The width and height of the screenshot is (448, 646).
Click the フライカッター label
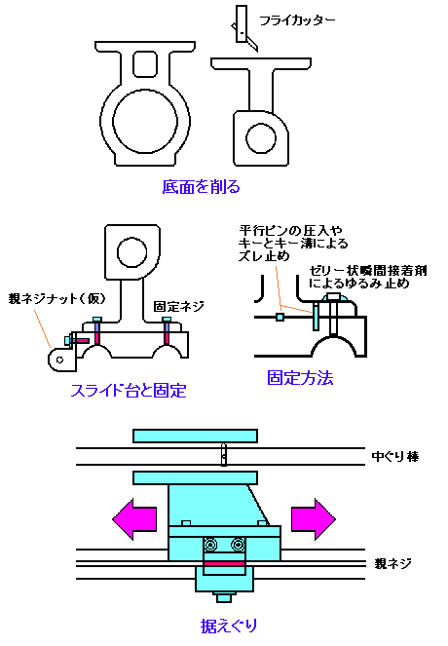(297, 20)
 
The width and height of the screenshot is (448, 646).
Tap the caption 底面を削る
(201, 187)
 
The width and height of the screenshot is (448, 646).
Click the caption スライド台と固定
(129, 390)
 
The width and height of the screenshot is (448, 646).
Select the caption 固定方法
(300, 378)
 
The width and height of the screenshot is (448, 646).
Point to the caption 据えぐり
(229, 626)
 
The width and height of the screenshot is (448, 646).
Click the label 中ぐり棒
(394, 456)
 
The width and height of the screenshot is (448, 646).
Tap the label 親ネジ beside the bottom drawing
(392, 563)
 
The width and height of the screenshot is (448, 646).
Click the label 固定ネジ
(178, 306)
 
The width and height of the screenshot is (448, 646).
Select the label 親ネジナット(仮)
(56, 298)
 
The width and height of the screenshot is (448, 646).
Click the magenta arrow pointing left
(134, 519)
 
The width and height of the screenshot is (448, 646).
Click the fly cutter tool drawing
(244, 27)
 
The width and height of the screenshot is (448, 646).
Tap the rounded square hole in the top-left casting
(145, 64)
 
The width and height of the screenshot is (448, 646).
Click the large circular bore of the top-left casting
(145, 124)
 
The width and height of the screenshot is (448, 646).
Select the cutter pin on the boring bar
(224, 454)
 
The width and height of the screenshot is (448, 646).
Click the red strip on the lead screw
(225, 563)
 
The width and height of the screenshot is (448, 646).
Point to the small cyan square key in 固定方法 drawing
(280, 317)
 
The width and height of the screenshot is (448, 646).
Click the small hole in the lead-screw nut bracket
(60, 360)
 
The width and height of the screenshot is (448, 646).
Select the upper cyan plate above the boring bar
(195, 436)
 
